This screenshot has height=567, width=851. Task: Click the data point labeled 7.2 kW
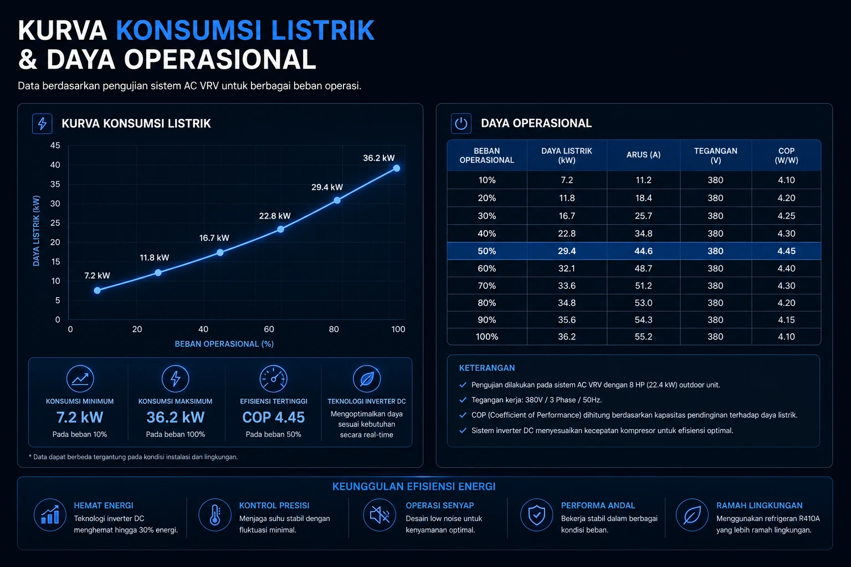click(98, 290)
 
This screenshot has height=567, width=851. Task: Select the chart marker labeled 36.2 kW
click(397, 168)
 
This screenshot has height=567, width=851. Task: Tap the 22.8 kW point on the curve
click(280, 229)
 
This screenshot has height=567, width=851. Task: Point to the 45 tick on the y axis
click(55, 146)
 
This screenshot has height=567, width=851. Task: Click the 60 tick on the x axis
click(269, 329)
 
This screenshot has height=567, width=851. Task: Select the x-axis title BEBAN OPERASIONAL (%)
click(224, 344)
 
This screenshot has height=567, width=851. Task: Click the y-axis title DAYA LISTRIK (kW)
click(36, 231)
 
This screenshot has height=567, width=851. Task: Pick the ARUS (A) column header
click(643, 154)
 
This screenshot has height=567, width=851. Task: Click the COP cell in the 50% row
click(786, 251)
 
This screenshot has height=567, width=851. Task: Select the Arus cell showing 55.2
click(643, 337)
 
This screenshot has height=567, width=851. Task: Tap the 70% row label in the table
click(486, 286)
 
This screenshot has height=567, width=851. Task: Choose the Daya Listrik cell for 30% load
click(566, 216)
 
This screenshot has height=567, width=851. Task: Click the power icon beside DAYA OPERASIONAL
click(461, 123)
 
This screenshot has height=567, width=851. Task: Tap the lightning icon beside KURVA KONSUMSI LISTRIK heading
click(42, 123)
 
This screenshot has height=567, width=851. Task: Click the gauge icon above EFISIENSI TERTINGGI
click(273, 379)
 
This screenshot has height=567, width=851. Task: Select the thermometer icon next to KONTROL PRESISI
click(214, 515)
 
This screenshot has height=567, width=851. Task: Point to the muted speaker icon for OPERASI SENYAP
click(379, 515)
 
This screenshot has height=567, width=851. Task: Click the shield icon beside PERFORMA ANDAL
click(536, 515)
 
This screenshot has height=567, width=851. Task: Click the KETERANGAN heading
click(486, 368)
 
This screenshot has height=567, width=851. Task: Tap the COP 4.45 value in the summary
click(273, 417)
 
